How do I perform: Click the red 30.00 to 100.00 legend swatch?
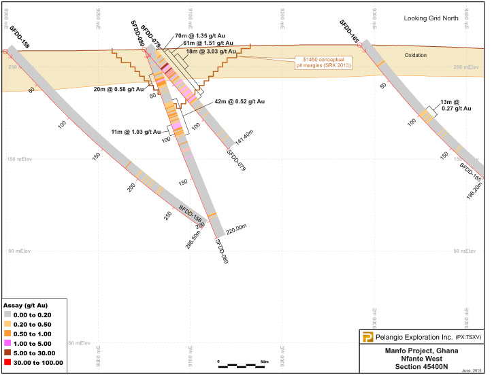pos(8,363)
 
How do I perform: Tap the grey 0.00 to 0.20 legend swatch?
pos(8,315)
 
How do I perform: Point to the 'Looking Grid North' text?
pos(432,18)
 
